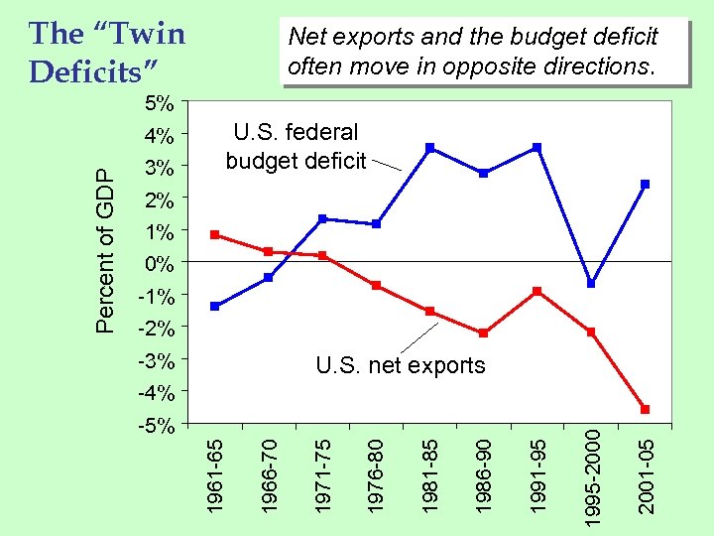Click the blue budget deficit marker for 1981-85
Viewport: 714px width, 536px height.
(429, 148)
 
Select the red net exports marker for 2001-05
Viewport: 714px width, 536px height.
(645, 409)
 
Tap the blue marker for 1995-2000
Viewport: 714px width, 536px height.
(591, 284)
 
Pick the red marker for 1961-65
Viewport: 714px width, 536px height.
(214, 235)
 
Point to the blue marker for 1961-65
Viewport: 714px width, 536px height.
(214, 306)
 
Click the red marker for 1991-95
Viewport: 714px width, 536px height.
(536, 291)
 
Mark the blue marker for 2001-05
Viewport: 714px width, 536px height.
(645, 184)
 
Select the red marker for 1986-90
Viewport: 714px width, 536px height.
(483, 334)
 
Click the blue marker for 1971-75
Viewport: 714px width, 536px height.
(322, 218)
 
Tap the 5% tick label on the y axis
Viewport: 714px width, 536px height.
(159, 103)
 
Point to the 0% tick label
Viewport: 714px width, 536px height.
(159, 264)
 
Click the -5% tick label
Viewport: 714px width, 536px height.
(156, 426)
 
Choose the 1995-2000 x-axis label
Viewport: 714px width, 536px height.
(591, 470)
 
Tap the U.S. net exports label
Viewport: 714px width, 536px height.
(401, 366)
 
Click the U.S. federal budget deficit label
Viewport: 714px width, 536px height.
(296, 146)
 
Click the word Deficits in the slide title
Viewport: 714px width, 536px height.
(92, 71)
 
